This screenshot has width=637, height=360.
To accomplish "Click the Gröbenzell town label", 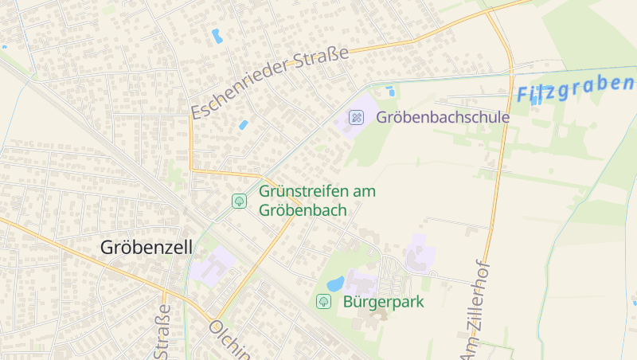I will pyautogui.click(x=147, y=248).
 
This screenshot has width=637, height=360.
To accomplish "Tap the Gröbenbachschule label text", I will pyautogui.click(x=443, y=117).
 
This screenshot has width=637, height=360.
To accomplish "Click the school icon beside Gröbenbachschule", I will pyautogui.click(x=357, y=117).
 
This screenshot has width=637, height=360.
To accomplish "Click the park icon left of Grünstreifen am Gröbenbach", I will pyautogui.click(x=238, y=202).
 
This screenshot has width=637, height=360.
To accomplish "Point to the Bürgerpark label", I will pyautogui.click(x=384, y=302).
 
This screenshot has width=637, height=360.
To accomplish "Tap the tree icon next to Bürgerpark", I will pyautogui.click(x=323, y=301).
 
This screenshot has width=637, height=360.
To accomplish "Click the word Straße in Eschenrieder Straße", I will pyautogui.click(x=322, y=61).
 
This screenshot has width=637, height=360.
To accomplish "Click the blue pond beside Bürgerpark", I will pyautogui.click(x=336, y=284).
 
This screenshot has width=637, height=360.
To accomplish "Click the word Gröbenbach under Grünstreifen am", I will pyautogui.click(x=303, y=210).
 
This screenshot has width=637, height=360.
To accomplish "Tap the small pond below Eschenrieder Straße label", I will pyautogui.click(x=243, y=125).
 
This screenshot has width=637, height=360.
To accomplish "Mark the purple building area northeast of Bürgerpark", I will pyautogui.click(x=420, y=253).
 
